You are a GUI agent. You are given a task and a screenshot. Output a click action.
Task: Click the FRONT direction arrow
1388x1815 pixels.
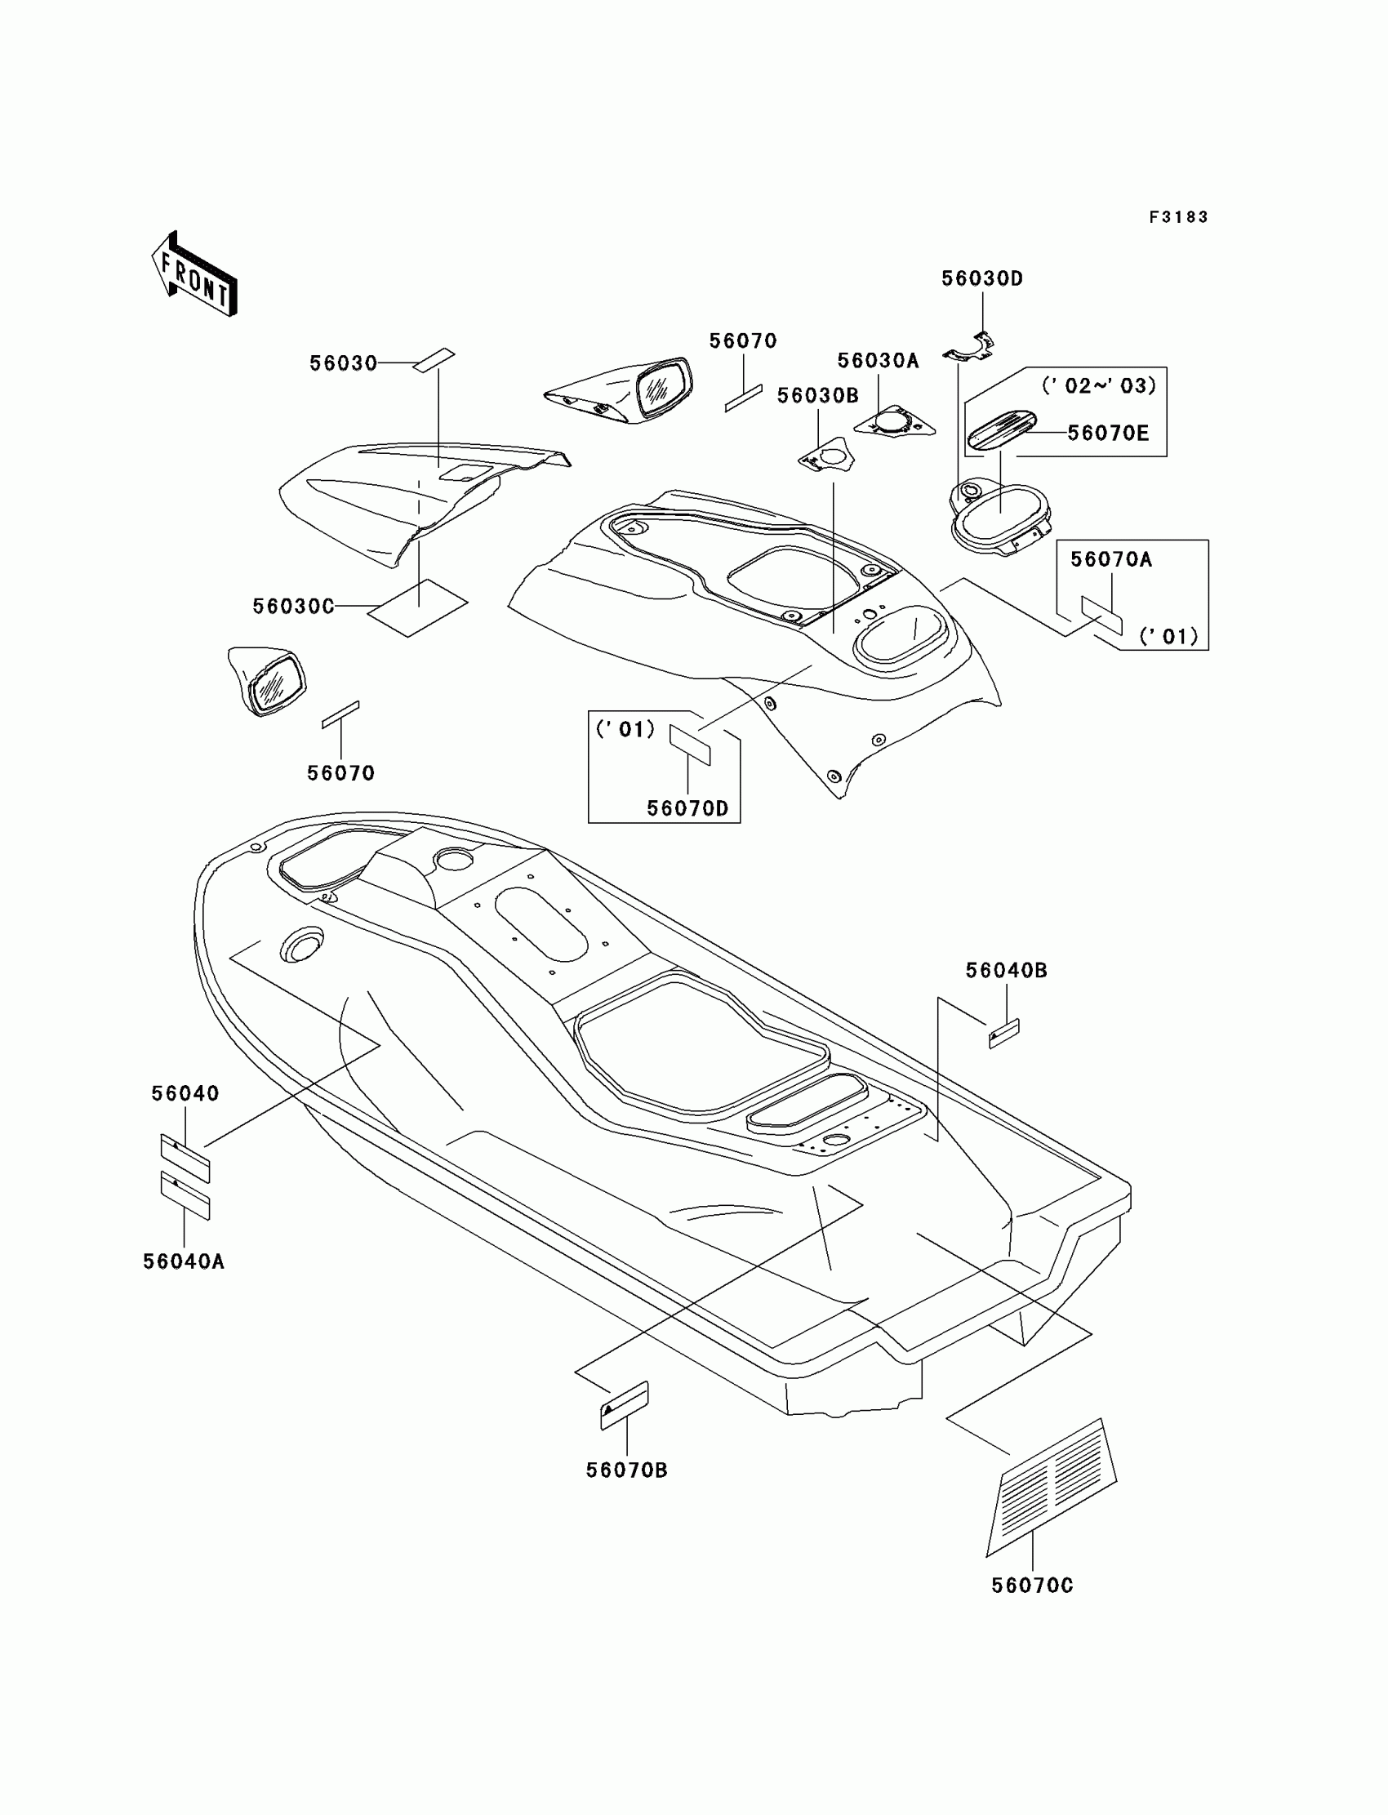194,275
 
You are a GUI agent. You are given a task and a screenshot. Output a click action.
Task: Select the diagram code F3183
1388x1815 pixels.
1178,217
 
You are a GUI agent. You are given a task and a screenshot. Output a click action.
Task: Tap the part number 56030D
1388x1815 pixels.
981,279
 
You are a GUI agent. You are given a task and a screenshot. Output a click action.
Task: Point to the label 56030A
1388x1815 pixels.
878,361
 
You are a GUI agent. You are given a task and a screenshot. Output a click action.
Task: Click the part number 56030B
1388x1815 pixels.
817,397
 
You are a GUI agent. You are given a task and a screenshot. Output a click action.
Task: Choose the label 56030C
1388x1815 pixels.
293,607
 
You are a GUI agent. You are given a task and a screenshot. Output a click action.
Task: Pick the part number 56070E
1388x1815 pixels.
1107,434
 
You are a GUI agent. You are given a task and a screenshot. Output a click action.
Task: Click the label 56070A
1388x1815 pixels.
1110,560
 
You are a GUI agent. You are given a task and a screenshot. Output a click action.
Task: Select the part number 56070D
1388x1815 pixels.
687,809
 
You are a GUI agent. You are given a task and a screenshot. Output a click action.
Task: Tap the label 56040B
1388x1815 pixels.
1006,971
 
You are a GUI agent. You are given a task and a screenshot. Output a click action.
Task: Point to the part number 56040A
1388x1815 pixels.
184,1261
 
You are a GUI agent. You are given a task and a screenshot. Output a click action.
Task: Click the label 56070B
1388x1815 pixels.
626,1470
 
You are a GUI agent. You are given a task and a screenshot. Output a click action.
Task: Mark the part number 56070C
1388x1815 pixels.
1032,1586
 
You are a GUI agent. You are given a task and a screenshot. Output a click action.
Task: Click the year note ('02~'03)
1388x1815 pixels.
1098,386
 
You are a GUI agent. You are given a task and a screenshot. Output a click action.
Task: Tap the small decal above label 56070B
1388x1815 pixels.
625,1404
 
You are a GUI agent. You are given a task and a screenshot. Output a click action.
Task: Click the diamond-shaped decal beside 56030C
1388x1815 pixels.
417,608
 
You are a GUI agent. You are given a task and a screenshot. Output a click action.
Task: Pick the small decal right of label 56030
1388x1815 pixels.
434,361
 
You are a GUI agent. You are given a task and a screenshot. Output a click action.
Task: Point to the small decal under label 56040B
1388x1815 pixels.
1003,1034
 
